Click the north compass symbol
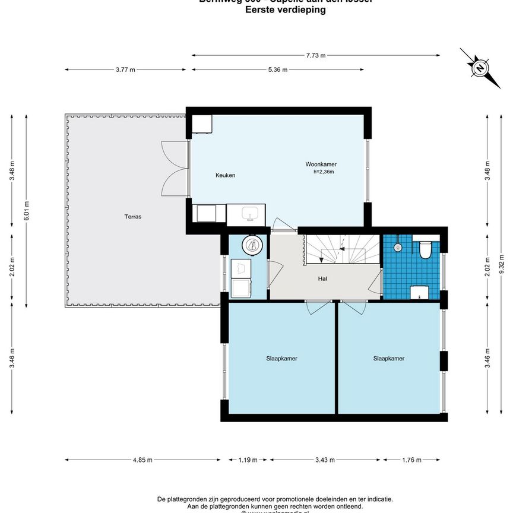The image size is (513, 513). tap(479, 68)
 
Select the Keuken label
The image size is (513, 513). tap(225, 175)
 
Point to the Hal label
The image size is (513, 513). tap(323, 278)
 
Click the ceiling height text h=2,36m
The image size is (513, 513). tap(324, 172)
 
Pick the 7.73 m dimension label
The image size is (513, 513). tap(316, 55)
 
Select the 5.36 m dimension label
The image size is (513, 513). tap(277, 69)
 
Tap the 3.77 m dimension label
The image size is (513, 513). tap(125, 69)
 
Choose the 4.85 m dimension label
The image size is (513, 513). tap(142, 460)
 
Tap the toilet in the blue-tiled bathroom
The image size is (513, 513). tap(424, 250)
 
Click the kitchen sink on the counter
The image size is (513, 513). tap(249, 213)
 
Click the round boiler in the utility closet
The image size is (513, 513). tap(251, 244)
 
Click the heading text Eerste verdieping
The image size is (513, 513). tap(285, 10)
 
